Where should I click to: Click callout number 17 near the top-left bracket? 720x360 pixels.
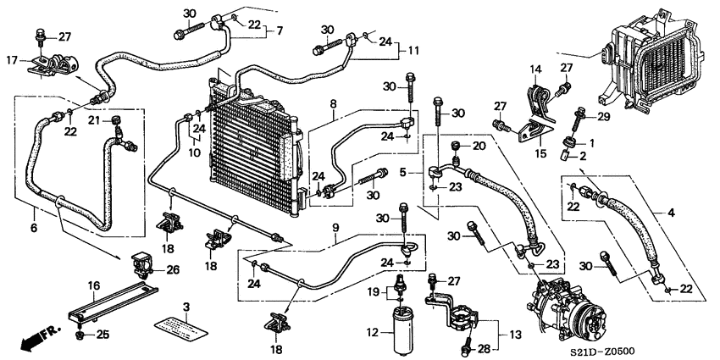coord(11,60)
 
